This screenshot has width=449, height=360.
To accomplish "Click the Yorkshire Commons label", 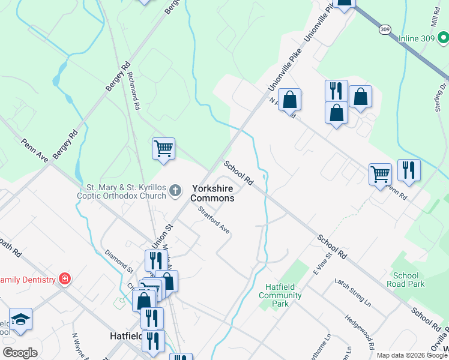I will point(212,192).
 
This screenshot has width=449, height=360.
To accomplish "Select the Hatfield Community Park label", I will point(280,295).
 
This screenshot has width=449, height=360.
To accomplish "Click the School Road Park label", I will point(406,280).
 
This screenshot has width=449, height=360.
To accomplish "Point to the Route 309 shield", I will point(384,29).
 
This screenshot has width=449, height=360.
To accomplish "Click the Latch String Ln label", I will point(352,292).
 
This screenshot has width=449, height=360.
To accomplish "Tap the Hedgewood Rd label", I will point(360,332).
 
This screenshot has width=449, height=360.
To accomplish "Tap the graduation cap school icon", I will point(20,320).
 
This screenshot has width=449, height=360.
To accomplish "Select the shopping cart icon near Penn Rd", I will point(380,175).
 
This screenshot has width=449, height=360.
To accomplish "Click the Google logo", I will point(20,353).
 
